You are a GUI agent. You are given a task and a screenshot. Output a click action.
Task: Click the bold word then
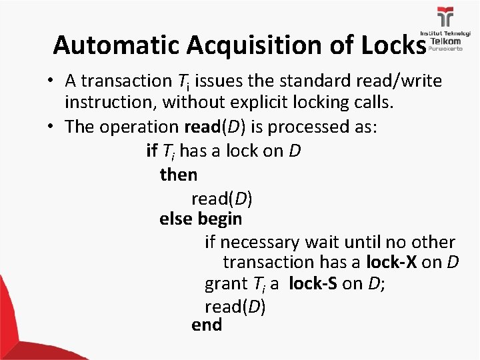point(179,175)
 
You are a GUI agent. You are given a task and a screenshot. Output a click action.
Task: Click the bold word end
point(207,325)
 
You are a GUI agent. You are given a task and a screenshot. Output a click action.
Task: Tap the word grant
point(225,283)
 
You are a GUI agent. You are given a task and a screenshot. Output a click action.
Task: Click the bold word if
point(151,151)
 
